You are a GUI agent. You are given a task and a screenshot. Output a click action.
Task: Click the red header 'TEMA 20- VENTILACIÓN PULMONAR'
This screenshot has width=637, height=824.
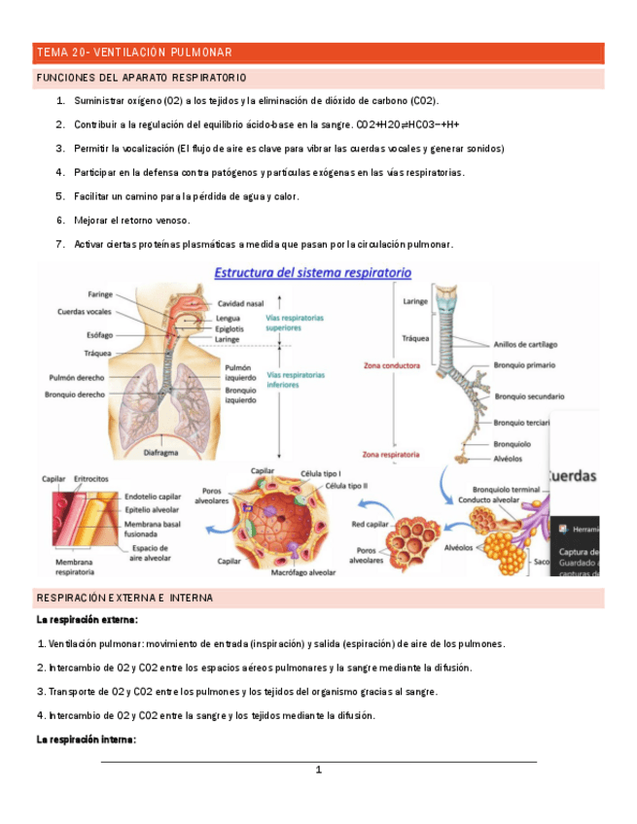(133, 52)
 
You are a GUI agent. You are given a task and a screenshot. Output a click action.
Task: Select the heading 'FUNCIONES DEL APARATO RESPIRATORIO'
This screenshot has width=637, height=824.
(141, 77)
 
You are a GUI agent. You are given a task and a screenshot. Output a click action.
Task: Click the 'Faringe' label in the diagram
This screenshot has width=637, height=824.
(100, 294)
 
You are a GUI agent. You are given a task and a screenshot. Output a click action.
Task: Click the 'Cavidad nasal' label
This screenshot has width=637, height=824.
(241, 303)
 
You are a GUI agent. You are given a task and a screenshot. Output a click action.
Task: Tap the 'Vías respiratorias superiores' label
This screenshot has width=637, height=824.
(296, 323)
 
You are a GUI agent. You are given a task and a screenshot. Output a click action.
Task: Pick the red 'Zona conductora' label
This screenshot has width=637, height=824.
(391, 366)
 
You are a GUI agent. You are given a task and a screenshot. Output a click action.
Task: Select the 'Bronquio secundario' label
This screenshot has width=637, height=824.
(529, 396)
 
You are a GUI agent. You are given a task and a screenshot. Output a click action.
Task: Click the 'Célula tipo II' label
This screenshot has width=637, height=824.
(346, 485)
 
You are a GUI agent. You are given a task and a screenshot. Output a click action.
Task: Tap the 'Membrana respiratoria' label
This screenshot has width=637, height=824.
(74, 567)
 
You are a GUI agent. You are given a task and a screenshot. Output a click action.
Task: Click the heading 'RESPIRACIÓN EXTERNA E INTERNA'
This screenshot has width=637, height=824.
(124, 598)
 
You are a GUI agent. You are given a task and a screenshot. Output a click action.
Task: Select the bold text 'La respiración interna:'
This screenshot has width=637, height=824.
(86, 739)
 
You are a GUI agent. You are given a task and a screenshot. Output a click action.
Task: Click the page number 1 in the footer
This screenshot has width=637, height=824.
(318, 771)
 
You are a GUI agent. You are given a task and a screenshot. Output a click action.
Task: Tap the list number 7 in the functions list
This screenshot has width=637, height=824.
(60, 244)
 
